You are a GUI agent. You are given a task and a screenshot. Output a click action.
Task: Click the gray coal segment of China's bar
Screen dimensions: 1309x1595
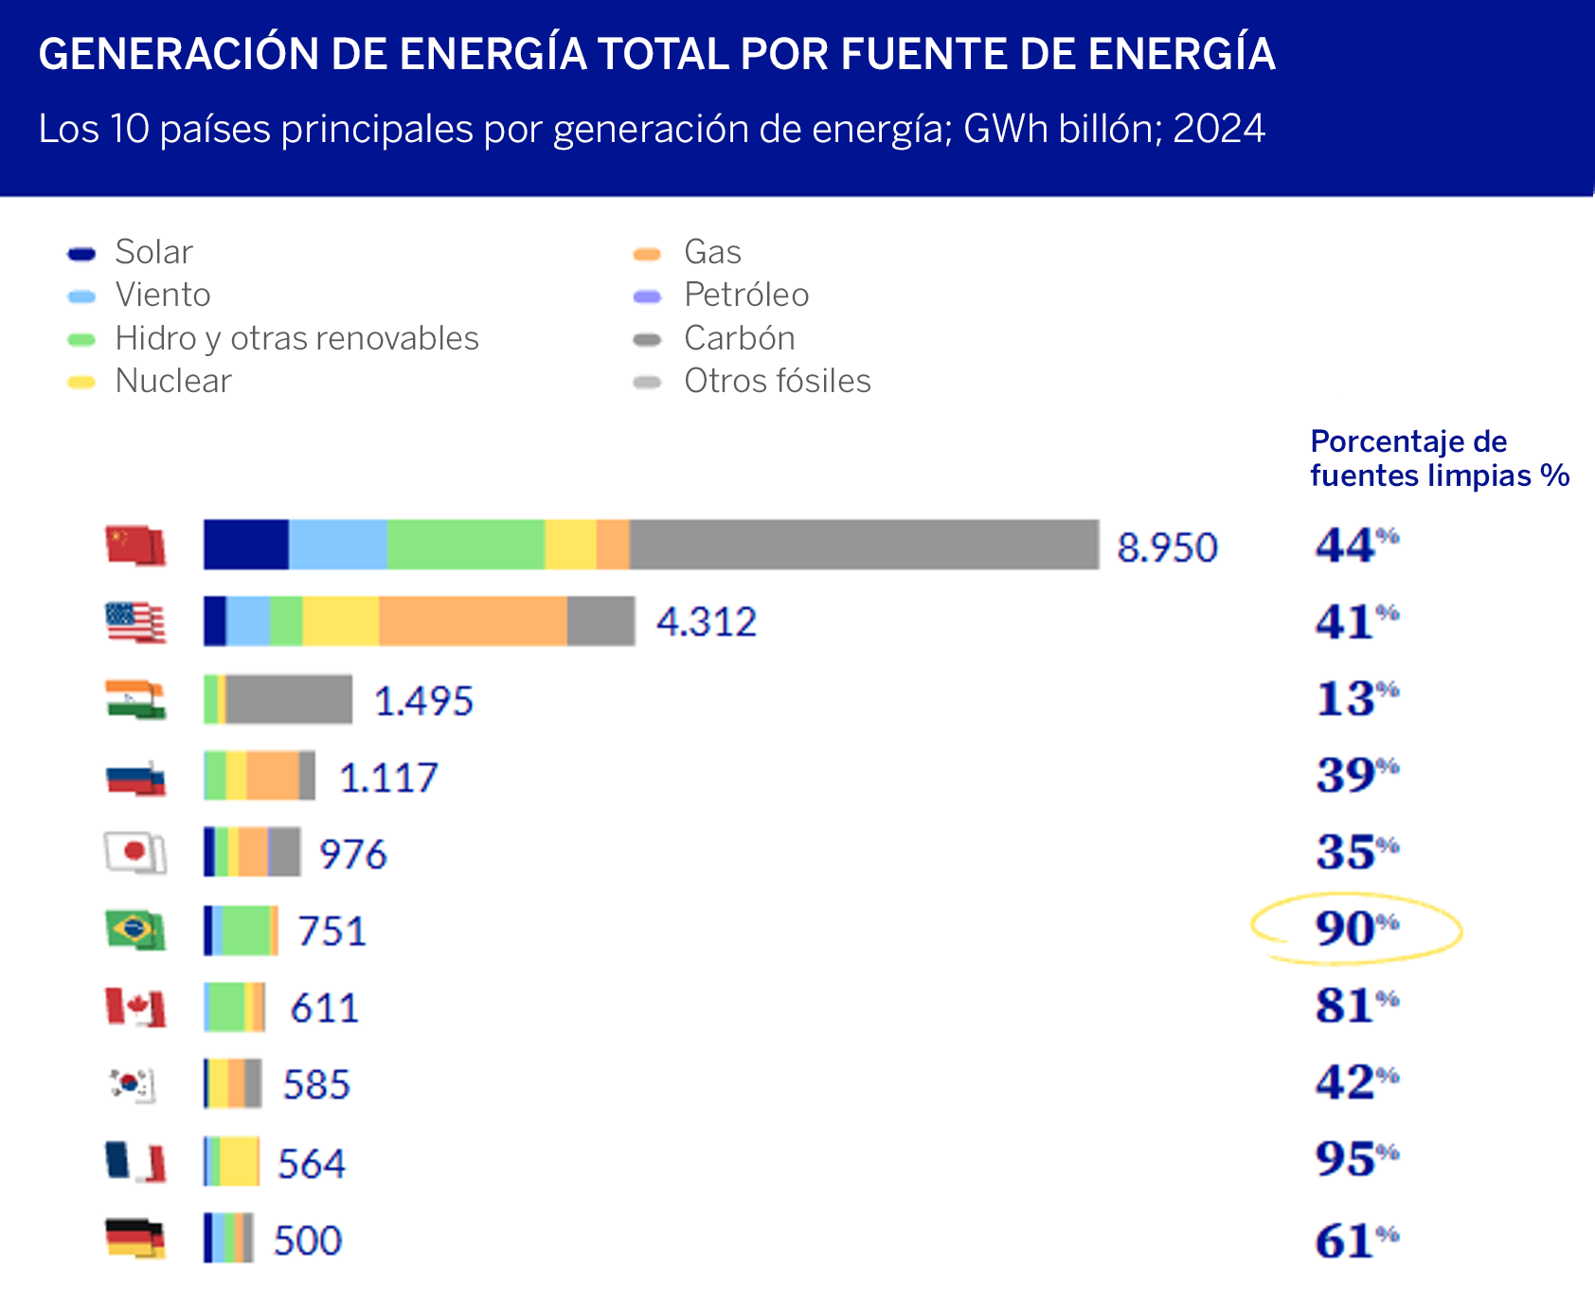click(x=864, y=545)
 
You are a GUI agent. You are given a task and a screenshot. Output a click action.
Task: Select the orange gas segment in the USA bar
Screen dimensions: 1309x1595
click(x=473, y=621)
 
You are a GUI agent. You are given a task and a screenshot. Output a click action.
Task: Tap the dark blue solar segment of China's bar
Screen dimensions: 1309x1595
click(x=245, y=545)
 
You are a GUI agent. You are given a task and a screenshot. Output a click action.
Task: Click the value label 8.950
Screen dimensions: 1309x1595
click(x=1167, y=547)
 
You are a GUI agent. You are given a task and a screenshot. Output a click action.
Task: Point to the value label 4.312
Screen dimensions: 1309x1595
click(x=707, y=622)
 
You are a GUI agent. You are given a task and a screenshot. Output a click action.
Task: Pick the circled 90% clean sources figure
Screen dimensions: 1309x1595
click(x=1355, y=928)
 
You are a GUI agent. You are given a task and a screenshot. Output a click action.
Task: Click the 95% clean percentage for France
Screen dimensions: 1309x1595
click(x=1355, y=1159)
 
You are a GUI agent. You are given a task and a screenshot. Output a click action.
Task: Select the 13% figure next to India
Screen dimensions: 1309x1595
click(x=1355, y=699)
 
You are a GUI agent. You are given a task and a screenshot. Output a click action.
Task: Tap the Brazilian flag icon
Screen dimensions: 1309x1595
click(x=134, y=929)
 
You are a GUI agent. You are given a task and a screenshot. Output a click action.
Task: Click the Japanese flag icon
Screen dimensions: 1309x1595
click(x=134, y=852)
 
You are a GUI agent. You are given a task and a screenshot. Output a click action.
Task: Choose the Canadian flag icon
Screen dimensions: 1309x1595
click(x=134, y=1007)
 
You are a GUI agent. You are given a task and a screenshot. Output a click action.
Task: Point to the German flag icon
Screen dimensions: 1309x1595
click(x=134, y=1238)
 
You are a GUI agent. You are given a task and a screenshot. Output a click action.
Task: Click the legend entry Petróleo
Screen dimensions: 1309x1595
click(x=745, y=295)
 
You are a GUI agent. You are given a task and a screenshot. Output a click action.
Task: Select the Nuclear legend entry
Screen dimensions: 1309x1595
click(x=172, y=381)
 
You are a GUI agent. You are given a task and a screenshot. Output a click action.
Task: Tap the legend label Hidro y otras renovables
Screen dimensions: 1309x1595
click(x=296, y=338)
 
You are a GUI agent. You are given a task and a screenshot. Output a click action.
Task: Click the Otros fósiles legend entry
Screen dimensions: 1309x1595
click(x=777, y=381)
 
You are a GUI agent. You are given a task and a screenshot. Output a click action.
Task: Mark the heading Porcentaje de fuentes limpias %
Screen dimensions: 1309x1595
click(x=1438, y=458)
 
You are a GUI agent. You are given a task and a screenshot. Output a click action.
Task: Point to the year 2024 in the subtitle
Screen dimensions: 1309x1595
click(x=1218, y=129)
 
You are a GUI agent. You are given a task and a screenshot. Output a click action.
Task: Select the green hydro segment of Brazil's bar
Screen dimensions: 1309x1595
click(x=246, y=930)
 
